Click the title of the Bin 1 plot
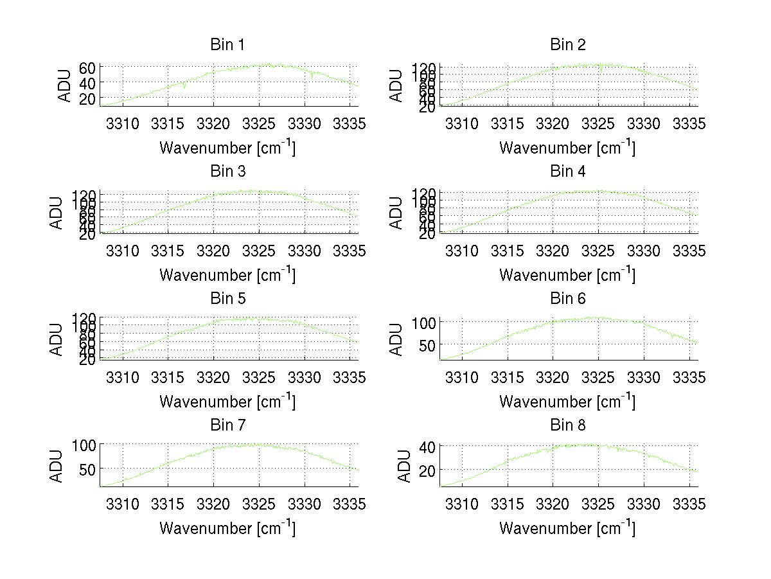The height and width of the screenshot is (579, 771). click(227, 45)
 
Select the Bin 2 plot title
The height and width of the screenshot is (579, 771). click(568, 45)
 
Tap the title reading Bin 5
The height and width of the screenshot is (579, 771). click(227, 299)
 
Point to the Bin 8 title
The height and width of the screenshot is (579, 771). click(568, 425)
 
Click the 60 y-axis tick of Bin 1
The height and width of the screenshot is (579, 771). click(88, 68)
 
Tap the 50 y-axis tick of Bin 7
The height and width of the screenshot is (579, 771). click(88, 469)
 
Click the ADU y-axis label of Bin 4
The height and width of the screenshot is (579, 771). click(396, 213)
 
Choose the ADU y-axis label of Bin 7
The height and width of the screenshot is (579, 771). click(57, 466)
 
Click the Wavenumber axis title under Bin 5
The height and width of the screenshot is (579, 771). click(227, 402)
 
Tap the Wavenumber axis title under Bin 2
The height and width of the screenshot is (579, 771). click(568, 148)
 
